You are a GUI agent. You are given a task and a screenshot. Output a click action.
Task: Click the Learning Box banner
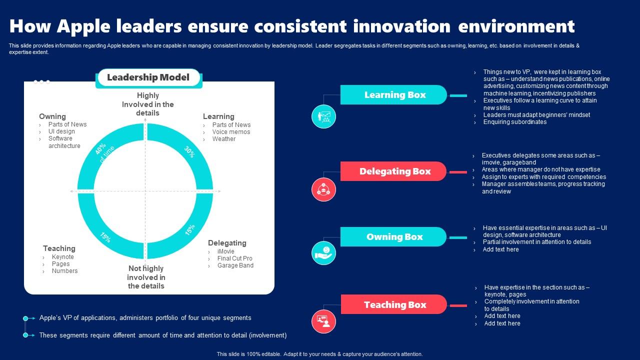click(393, 94)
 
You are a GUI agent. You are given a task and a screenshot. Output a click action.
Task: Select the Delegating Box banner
click(393, 171)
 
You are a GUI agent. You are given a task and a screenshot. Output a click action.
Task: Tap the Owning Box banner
click(393, 236)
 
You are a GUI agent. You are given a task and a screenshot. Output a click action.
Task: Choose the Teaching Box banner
click(393, 304)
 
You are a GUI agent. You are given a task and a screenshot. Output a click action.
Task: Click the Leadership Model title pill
click(148, 77)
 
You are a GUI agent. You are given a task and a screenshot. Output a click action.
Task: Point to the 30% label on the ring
click(189, 151)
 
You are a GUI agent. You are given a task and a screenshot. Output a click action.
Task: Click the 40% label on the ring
click(100, 149)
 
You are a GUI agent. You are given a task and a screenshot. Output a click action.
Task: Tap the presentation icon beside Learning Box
click(323, 116)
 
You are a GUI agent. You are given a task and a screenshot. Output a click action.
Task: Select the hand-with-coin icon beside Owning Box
click(323, 253)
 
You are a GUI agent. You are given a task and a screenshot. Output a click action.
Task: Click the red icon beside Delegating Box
click(323, 189)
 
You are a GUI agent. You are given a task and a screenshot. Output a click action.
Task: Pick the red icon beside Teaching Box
click(323, 321)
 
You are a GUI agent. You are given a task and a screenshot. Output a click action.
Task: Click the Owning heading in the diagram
click(52, 116)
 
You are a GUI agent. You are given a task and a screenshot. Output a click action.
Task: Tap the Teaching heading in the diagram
click(59, 248)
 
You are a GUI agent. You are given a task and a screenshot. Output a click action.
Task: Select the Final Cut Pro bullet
click(235, 258)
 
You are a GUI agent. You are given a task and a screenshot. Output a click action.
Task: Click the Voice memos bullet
click(231, 131)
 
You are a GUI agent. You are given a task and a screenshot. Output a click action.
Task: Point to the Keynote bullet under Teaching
click(63, 257)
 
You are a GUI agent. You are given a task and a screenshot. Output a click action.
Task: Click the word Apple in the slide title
click(83, 26)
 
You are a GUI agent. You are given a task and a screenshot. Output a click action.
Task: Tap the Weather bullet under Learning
click(223, 139)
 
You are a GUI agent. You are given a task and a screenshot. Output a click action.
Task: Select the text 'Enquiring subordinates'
click(515, 122)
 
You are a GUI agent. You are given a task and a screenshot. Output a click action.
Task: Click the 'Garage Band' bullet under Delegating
click(235, 265)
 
